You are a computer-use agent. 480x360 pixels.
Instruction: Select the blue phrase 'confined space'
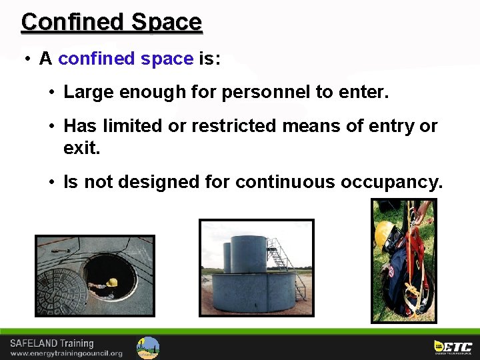125,59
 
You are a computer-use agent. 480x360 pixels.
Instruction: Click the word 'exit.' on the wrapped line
81,147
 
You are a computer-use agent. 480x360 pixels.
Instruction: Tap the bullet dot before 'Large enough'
52,92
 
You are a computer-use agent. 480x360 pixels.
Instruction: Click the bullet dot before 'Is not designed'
52,181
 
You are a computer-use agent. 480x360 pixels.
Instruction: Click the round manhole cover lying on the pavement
61,290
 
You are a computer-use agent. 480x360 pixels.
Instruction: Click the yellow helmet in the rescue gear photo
383,233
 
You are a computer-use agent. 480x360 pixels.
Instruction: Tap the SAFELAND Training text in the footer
52,343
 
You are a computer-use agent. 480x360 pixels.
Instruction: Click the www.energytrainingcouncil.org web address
66,353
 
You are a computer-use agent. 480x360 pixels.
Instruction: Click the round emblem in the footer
148,347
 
